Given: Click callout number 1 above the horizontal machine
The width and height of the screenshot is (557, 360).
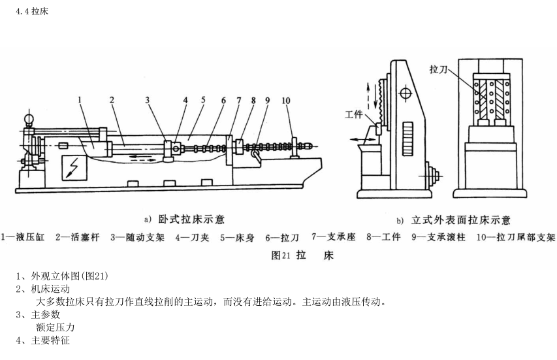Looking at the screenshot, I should pos(78,100).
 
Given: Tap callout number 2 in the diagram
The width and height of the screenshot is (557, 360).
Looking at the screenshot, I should pos(112,100).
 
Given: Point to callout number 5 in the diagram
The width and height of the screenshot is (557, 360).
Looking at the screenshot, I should pos(204,100).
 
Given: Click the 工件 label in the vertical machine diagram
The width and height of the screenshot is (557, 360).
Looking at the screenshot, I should pos(355,115).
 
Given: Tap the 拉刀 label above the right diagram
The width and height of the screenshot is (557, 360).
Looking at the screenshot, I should pos(439,69).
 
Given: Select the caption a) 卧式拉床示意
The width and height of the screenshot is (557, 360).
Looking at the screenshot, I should pos(185,219).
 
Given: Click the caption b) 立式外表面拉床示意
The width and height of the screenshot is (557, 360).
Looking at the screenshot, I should pos(453,220).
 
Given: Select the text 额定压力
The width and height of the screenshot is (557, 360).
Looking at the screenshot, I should pos(56,327).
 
